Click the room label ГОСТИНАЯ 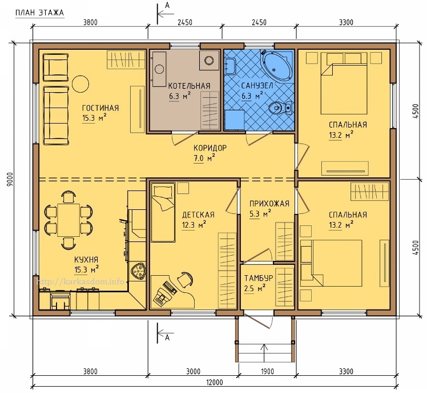pos(100,108)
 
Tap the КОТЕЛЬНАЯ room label pos(190,86)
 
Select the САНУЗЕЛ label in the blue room pos(257,86)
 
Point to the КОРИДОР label pos(210,148)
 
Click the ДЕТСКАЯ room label pos(198,215)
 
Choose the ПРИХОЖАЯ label pos(269,204)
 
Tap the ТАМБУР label pos(259,278)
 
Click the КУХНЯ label pos(86,260)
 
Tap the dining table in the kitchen pos(69,220)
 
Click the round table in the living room pos(80,84)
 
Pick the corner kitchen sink pos(138,271)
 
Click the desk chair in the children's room pos(186,279)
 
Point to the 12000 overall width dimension pos(214,382)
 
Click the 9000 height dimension pos(10,179)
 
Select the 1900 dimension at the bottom pos(267,371)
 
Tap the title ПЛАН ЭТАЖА pos(39,13)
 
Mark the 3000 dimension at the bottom pos(193,371)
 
